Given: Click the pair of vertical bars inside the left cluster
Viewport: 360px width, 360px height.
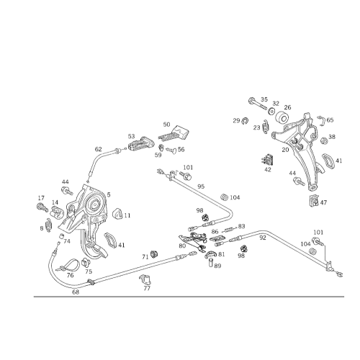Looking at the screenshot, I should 86,235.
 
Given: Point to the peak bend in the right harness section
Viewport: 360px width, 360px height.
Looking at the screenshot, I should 265,233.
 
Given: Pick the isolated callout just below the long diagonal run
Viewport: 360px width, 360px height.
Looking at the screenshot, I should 148,279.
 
